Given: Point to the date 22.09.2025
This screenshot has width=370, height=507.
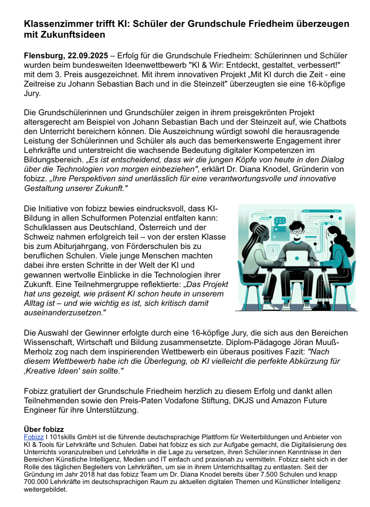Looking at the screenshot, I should point(88,56).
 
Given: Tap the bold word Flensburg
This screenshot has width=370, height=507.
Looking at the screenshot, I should point(44,56).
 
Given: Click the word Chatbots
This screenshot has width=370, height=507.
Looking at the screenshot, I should point(330,122).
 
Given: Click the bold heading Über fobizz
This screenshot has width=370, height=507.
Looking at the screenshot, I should point(44,429).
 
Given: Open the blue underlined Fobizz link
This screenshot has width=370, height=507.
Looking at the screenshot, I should point(34,437).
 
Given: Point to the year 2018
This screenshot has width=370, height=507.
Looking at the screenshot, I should point(87,475).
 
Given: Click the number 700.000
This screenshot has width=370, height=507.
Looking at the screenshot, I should point(36,482).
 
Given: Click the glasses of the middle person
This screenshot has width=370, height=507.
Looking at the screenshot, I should point(297,232).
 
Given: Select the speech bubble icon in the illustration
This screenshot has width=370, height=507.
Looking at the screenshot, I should point(280,221).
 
